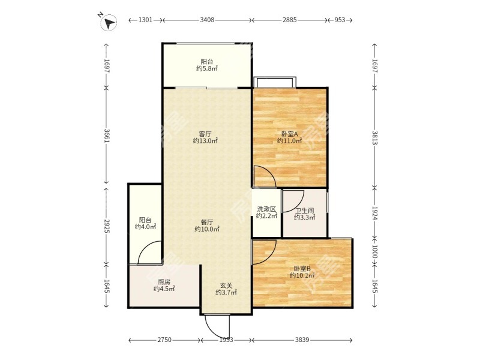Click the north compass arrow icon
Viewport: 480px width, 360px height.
click(x=109, y=22)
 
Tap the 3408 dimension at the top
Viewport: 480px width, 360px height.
click(x=207, y=20)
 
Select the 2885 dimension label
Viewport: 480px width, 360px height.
click(x=290, y=20)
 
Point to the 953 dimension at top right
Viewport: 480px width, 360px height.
click(x=340, y=20)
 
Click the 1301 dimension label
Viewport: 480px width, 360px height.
click(x=145, y=20)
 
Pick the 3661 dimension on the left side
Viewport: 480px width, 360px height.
click(x=107, y=136)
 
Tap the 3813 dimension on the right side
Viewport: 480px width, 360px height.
click(x=374, y=137)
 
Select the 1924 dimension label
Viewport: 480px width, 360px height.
click(x=374, y=213)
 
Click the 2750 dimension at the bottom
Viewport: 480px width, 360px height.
click(x=164, y=340)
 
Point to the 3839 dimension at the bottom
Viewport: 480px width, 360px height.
click(x=302, y=340)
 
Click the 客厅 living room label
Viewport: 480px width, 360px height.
click(x=205, y=134)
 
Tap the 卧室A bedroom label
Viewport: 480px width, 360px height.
click(x=290, y=134)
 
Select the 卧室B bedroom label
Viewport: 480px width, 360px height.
click(x=302, y=268)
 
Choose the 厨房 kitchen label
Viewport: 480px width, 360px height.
click(x=164, y=282)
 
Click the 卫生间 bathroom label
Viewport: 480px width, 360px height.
click(x=305, y=211)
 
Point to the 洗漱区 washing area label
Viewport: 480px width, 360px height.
click(x=266, y=209)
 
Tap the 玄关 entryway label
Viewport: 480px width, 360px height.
click(x=226, y=286)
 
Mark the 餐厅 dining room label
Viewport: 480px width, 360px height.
click(x=207, y=222)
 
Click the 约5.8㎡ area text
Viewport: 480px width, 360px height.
click(x=207, y=68)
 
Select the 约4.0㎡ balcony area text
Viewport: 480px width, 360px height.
click(x=145, y=227)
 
